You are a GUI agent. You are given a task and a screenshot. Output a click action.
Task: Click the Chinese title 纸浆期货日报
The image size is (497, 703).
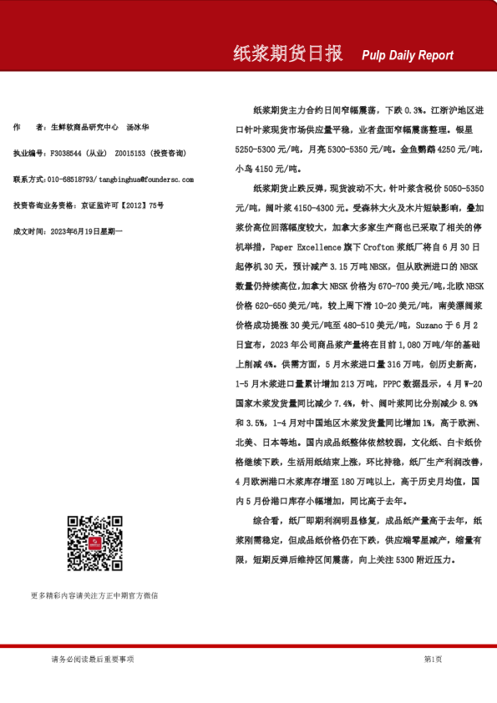point(287,54)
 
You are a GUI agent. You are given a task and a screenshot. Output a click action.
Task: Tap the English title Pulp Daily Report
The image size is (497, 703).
point(408,56)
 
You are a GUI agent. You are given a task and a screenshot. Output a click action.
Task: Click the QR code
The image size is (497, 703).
point(94,544)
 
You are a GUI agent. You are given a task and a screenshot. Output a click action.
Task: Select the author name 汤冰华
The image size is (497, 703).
point(138,128)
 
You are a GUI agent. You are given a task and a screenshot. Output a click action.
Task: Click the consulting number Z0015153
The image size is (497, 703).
point(130,154)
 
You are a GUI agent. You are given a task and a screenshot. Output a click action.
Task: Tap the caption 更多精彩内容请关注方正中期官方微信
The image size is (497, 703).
point(94,595)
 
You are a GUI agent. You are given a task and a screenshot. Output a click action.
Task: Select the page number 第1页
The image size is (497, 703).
point(433,659)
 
